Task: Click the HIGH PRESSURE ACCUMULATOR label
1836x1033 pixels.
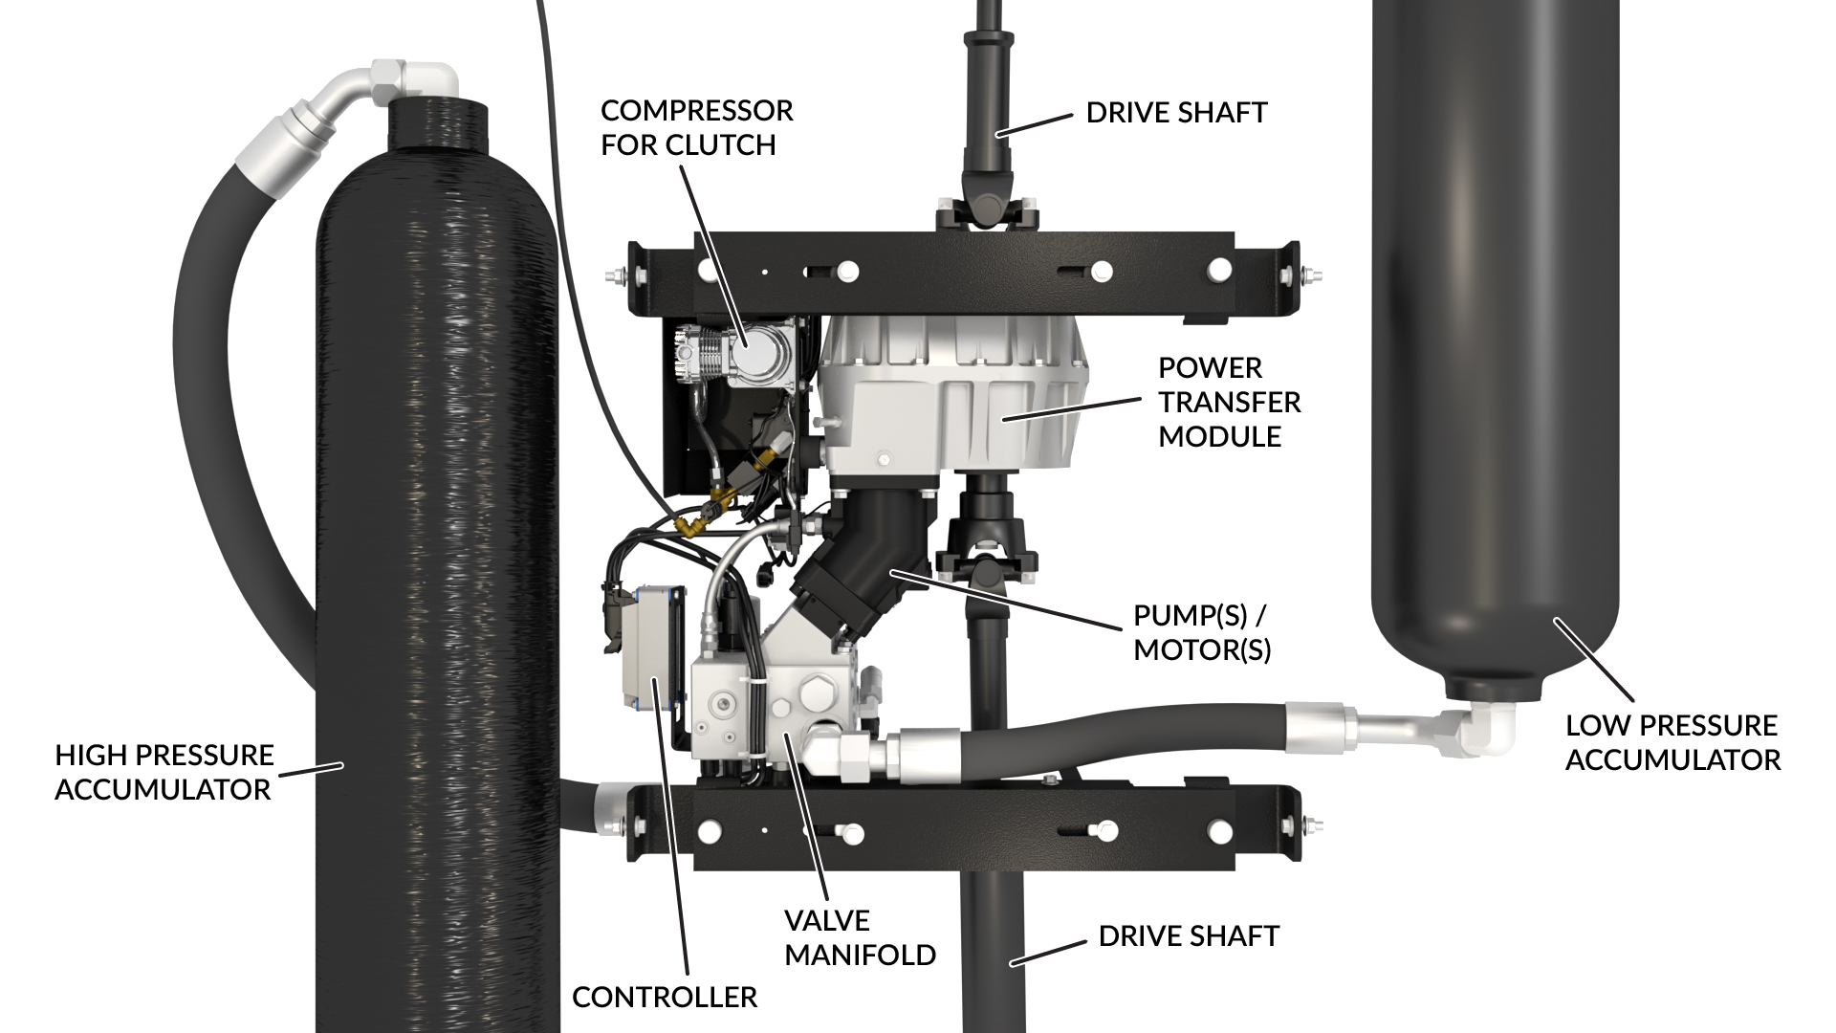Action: (164, 772)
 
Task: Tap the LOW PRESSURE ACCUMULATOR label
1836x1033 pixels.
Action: (1672, 742)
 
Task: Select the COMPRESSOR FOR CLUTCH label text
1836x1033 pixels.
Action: (696, 127)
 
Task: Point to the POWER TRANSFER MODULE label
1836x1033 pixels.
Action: (1229, 402)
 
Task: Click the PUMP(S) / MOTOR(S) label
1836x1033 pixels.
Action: (1202, 632)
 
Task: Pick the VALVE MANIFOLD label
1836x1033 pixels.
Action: (860, 937)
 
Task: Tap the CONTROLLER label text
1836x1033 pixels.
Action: (665, 997)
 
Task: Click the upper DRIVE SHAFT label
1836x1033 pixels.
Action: (1176, 113)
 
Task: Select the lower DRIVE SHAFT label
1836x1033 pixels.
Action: (1189, 935)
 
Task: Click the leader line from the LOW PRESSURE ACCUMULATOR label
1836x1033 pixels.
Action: (1594, 660)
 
